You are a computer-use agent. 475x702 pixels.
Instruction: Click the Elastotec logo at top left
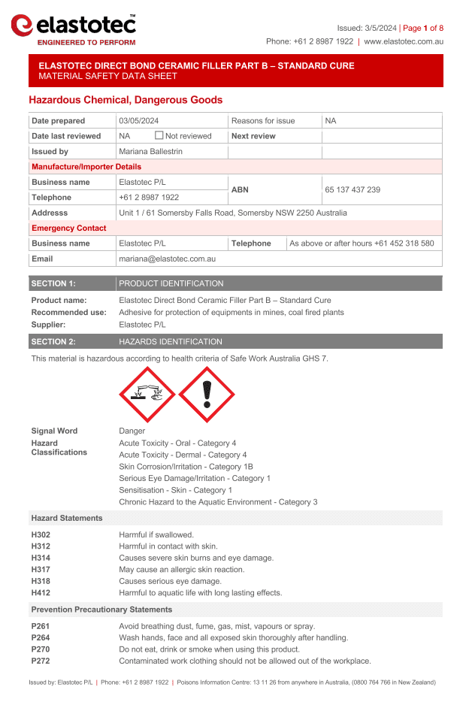pos(74,29)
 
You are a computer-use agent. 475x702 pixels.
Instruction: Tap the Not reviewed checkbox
pos(159,136)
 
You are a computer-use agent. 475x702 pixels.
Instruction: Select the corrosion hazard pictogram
pos(147,395)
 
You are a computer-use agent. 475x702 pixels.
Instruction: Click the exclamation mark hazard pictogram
pos(207,395)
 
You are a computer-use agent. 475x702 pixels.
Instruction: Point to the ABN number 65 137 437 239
pos(352,190)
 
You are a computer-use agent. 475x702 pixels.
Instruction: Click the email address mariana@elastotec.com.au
pos(168,259)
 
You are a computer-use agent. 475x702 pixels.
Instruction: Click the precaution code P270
pos(39,649)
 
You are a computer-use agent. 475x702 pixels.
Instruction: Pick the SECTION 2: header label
pos(53,342)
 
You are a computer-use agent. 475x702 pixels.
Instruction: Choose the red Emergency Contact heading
pos(69,228)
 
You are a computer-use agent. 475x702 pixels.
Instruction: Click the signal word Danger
pos(132,431)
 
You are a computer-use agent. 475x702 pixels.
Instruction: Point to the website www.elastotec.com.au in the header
pos(404,42)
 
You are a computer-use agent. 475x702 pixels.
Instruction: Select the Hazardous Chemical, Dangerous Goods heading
pos(126,100)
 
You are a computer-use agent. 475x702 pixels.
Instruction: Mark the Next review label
pos(253,136)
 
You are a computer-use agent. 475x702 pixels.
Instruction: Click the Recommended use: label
pos(68,313)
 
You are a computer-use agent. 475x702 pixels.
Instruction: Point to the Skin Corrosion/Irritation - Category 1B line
pos(186,467)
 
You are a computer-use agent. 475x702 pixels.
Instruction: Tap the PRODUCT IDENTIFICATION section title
pos(171,284)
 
